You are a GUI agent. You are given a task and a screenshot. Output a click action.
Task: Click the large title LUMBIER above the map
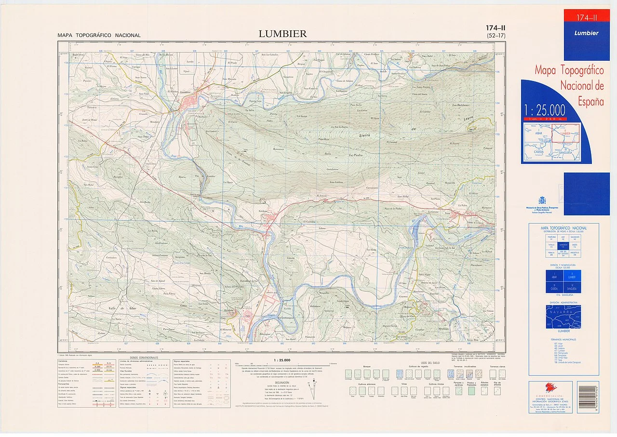coord(282,34)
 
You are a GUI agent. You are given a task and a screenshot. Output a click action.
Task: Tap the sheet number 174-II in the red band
coord(586,18)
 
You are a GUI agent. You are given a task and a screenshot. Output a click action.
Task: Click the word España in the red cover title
coord(591,102)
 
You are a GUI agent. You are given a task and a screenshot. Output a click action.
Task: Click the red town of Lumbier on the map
coord(191,103)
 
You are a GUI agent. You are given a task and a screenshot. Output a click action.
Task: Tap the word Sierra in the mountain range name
coord(367,136)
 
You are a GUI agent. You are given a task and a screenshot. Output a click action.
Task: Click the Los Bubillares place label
coord(460,105)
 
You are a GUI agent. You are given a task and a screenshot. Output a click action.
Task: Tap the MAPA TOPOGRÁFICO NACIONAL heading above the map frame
coord(99,36)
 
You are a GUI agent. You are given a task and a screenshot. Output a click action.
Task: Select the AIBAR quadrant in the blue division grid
coord(554,276)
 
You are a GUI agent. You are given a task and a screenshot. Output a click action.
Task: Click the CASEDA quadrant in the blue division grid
coord(554,288)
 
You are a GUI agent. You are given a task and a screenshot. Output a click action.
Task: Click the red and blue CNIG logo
coord(550,387)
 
